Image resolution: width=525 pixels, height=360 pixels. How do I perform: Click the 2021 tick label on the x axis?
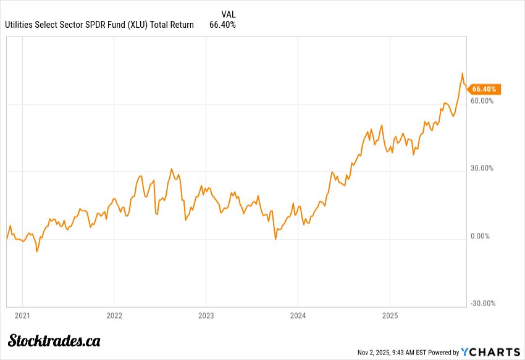[x=22, y=315]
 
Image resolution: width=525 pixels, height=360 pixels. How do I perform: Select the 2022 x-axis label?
[x=114, y=315]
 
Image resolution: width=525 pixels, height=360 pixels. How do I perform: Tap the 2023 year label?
[x=206, y=315]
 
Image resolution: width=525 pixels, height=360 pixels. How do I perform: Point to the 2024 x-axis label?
[x=298, y=315]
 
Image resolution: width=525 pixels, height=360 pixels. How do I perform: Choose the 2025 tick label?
[x=390, y=315]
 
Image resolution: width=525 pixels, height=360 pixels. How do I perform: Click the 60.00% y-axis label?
[x=482, y=101]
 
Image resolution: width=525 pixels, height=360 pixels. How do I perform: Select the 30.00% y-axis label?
[x=482, y=168]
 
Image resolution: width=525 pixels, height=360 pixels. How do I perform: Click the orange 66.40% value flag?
[x=484, y=89]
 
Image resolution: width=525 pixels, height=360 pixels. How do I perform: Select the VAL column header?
[x=228, y=14]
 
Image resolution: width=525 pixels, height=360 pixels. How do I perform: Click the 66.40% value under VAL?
[x=222, y=25]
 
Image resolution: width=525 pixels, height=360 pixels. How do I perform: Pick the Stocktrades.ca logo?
[x=54, y=340]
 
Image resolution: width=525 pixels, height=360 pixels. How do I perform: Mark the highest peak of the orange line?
[x=462, y=73]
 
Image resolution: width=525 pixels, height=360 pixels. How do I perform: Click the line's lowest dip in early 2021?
[x=36, y=252]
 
